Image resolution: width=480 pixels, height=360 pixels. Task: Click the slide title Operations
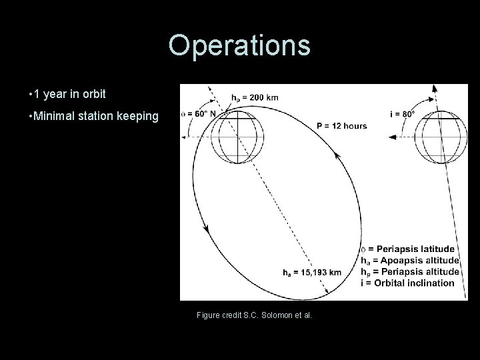pos(239,45)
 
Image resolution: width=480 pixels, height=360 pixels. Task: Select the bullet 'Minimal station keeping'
pos(93,117)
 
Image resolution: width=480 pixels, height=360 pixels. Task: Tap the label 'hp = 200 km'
pos(255,97)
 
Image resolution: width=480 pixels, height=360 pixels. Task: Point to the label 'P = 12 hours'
pos(341,126)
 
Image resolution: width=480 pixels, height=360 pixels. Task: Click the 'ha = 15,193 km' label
pos(313,272)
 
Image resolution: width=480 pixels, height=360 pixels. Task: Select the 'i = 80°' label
pos(403,114)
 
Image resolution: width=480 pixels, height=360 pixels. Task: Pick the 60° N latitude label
pos(198,114)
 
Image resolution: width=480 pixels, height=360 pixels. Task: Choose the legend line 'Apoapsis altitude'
pos(410,260)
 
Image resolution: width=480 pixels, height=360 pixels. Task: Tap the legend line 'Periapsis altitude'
pos(410,271)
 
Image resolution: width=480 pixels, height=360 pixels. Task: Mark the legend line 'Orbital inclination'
pos(407,282)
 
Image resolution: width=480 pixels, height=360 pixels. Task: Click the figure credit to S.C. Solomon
pos(254,315)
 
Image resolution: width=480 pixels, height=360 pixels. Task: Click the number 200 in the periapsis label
pos(256,97)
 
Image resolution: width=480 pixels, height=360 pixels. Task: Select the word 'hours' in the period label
pos(354,126)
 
